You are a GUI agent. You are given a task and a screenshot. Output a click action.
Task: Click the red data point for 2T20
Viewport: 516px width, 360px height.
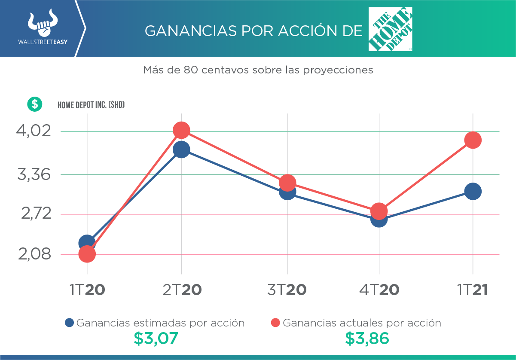[x=181, y=130]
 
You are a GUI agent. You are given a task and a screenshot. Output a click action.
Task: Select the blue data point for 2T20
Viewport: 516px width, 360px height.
[x=181, y=149]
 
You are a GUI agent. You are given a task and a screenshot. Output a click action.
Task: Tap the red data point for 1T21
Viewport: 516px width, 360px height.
[x=473, y=140]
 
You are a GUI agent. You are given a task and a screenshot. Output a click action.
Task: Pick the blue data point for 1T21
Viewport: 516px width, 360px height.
[x=473, y=191]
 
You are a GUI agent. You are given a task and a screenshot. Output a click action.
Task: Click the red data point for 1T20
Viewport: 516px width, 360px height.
[x=87, y=254]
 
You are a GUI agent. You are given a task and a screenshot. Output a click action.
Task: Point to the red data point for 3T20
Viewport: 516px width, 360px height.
[x=287, y=183]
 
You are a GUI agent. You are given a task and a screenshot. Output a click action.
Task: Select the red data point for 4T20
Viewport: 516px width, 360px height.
[x=379, y=211]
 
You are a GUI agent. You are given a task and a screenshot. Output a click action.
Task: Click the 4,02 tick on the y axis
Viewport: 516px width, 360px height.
[x=34, y=131]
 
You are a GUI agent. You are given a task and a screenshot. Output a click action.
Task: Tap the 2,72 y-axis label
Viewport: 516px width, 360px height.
[x=36, y=214]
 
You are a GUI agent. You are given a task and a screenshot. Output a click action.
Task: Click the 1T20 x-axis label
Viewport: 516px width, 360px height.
[x=87, y=290]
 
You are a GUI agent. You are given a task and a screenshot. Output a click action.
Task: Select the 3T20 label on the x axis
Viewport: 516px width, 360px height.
[x=287, y=290]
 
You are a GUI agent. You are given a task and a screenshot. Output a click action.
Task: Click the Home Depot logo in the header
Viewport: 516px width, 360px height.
[x=390, y=29]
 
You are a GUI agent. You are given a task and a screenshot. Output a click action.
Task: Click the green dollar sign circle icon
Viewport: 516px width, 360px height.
[x=35, y=104]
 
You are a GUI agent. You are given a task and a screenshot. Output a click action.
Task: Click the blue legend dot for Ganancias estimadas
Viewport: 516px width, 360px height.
[x=70, y=323]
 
